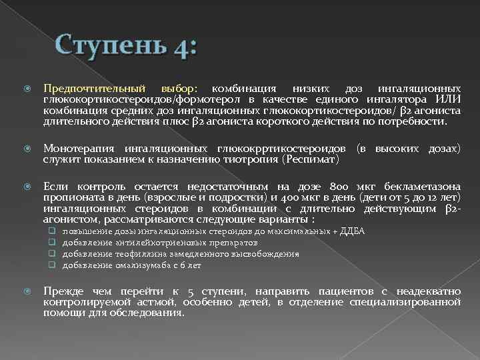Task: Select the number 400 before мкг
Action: coord(289,199)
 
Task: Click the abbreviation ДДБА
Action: coord(353,231)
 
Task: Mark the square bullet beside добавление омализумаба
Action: coord(50,265)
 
